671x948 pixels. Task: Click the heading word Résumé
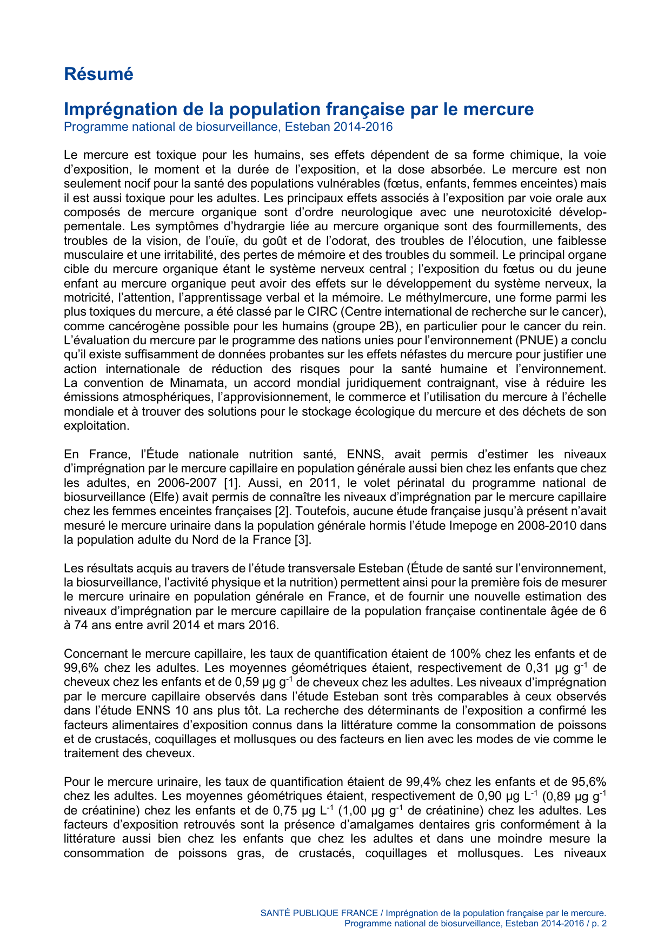98,74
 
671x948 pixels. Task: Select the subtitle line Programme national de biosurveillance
228,127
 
